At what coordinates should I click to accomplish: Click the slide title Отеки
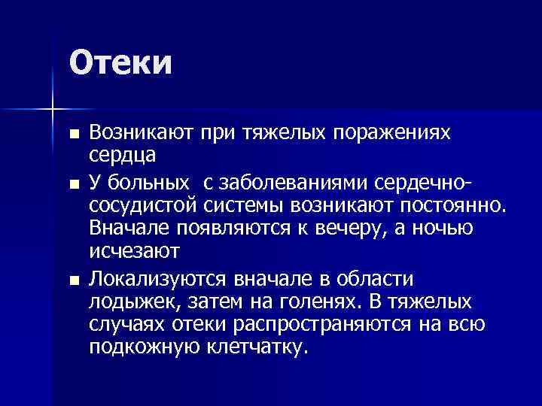click(121, 62)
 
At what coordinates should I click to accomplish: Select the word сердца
click(122, 155)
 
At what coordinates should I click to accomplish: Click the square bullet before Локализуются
click(73, 280)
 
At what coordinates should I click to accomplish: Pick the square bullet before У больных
click(73, 184)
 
